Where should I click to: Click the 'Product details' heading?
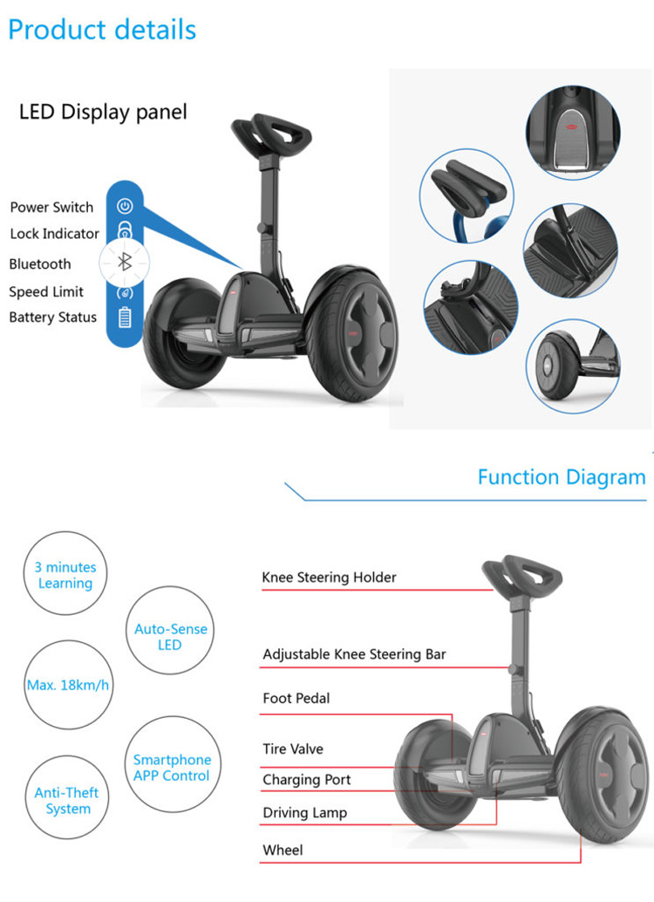click(x=102, y=30)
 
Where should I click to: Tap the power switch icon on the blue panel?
click(x=125, y=206)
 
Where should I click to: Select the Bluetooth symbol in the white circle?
click(x=125, y=263)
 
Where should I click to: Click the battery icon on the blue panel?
click(x=125, y=317)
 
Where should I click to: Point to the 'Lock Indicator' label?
click(x=55, y=234)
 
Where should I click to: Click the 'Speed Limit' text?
click(x=46, y=291)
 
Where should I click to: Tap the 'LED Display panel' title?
click(x=103, y=112)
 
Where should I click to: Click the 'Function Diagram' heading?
click(x=562, y=477)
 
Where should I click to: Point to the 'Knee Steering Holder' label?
click(x=329, y=577)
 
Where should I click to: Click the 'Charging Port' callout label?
click(x=307, y=780)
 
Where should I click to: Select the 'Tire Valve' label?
click(x=293, y=749)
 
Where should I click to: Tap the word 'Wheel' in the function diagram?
click(x=283, y=851)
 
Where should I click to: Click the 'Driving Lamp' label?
click(x=305, y=813)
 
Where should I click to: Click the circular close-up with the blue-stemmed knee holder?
click(x=467, y=195)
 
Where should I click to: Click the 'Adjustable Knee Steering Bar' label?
click(x=354, y=654)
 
